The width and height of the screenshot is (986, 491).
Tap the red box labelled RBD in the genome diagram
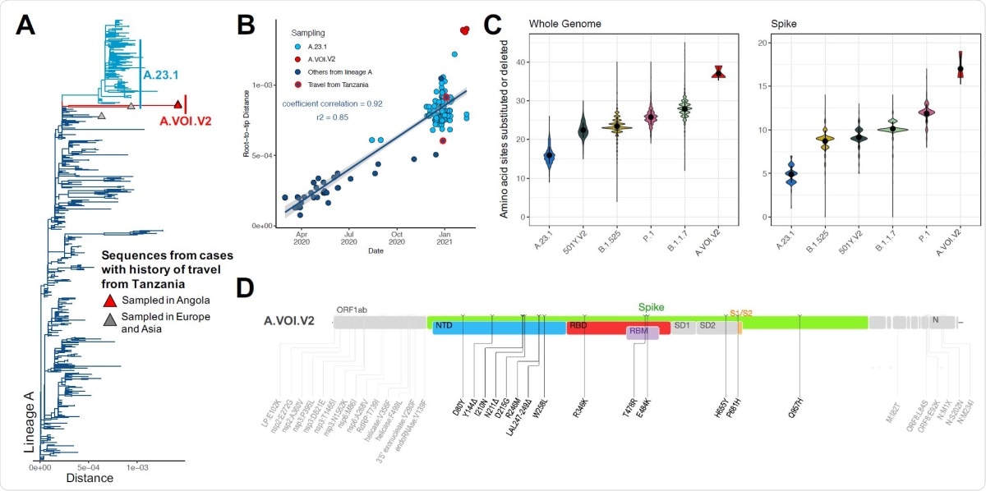click(579, 326)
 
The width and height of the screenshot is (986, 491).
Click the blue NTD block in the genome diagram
click(445, 326)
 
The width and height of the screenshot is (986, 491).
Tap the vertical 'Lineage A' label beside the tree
click(29, 424)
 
